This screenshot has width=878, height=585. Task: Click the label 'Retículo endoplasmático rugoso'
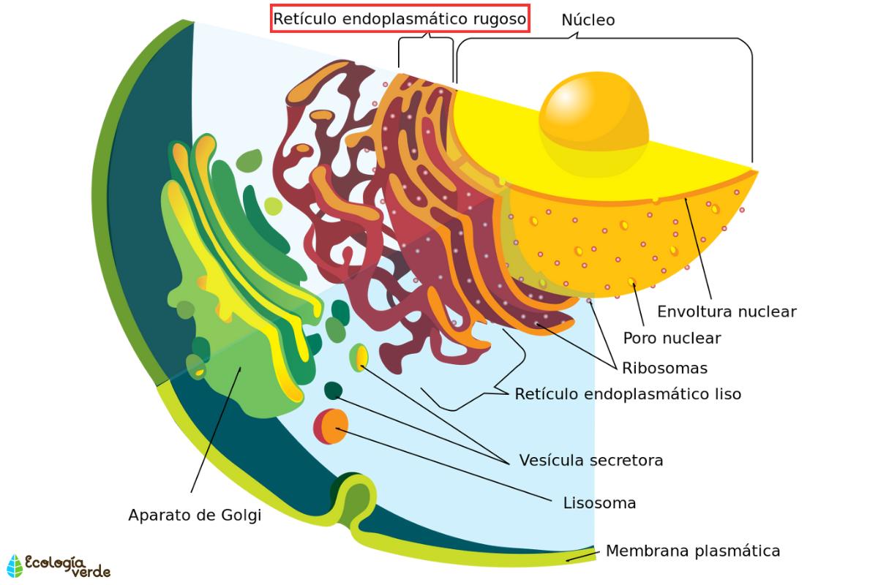pyautogui.click(x=399, y=20)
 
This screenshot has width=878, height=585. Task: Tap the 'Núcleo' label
pyautogui.click(x=588, y=20)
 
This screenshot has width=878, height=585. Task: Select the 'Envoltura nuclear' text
pyautogui.click(x=726, y=312)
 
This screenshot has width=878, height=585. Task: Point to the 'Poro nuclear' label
pyautogui.click(x=672, y=339)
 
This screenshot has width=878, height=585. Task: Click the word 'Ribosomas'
pyautogui.click(x=664, y=367)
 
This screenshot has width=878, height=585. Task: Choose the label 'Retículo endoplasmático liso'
pyautogui.click(x=628, y=394)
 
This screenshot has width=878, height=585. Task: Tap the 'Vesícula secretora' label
pyautogui.click(x=590, y=461)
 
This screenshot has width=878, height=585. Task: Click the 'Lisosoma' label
pyautogui.click(x=599, y=503)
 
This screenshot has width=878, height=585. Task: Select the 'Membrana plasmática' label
pyautogui.click(x=692, y=551)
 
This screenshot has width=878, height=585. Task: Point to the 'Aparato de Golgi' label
pyautogui.click(x=194, y=515)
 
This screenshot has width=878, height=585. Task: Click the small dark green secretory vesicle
pyautogui.click(x=333, y=390)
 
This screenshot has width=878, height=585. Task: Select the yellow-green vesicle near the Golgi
pyautogui.click(x=359, y=357)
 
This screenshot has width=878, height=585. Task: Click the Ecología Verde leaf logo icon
pyautogui.click(x=14, y=565)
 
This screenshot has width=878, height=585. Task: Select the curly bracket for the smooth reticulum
pyautogui.click(x=476, y=384)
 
